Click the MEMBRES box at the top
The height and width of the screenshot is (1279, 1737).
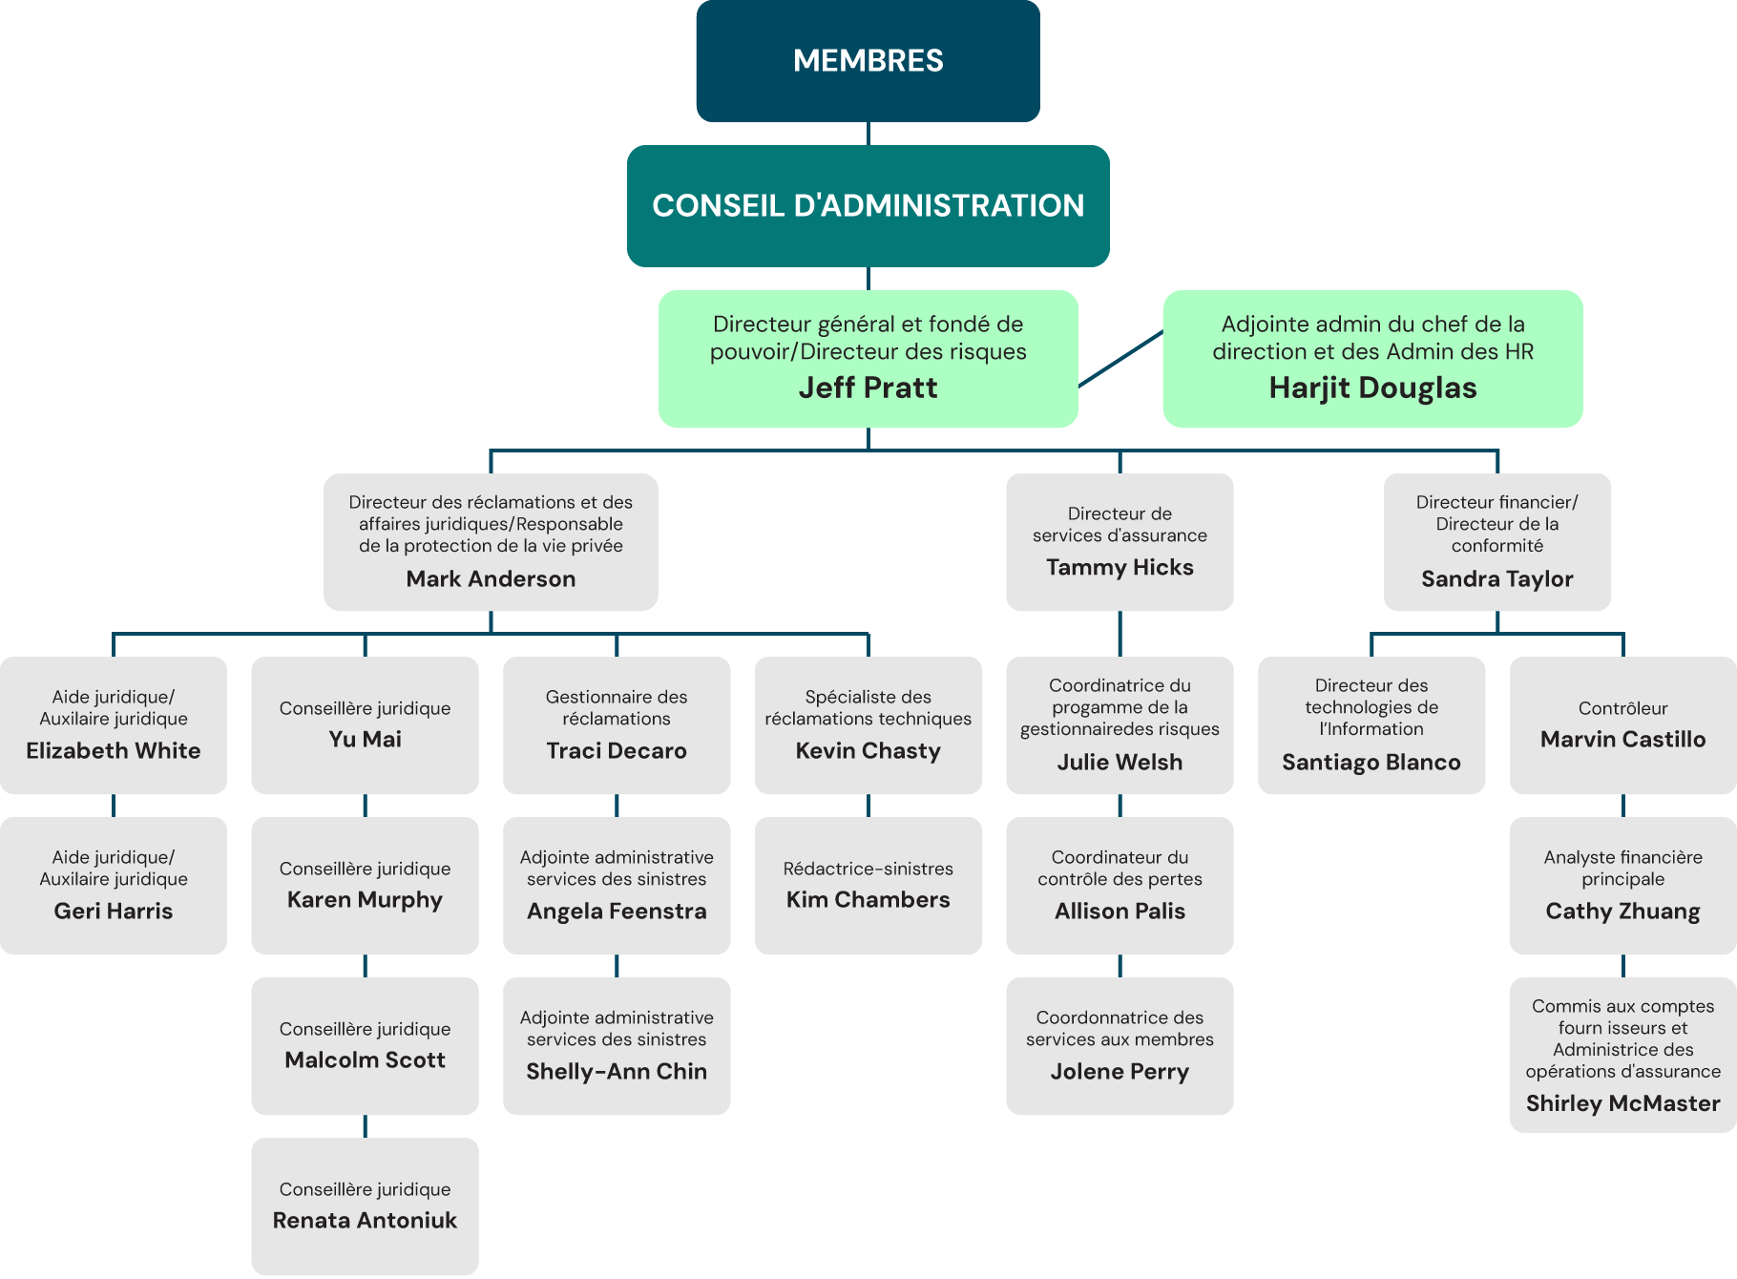point(868,61)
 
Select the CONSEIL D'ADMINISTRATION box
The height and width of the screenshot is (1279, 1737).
point(868,205)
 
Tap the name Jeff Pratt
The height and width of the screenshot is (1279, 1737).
point(868,388)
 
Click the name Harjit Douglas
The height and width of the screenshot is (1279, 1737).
point(1372,388)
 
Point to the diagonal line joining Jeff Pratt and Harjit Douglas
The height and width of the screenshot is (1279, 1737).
point(1120,359)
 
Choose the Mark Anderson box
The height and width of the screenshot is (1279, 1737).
point(491,542)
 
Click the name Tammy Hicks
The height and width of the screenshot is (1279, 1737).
point(1120,567)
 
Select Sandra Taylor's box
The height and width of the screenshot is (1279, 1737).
point(1496,542)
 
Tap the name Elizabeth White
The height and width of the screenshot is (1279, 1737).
point(114,750)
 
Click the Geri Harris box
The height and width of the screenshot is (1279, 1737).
point(114,886)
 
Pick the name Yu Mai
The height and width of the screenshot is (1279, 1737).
point(365,739)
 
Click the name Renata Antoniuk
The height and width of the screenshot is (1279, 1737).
point(365,1220)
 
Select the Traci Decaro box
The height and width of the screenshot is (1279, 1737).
point(617,725)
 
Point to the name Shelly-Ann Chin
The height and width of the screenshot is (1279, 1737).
point(617,1071)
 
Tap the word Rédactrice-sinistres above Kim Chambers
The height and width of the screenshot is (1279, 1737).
point(868,869)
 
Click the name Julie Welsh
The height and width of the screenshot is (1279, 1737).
point(1120,762)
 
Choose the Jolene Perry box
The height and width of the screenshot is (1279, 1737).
point(1120,1046)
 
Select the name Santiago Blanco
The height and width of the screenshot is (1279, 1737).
point(1371,762)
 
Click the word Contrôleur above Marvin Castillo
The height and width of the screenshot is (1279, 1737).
point(1622,708)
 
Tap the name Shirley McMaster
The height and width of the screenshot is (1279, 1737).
point(1622,1103)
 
